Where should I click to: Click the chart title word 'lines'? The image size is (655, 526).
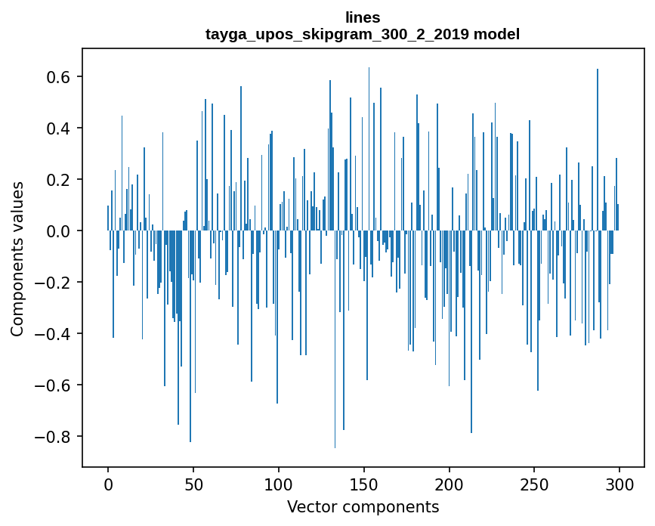363,17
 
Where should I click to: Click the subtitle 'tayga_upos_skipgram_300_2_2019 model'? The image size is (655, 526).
363,34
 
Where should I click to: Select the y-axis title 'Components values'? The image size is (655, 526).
17,258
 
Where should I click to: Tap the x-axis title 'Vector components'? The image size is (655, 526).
363,506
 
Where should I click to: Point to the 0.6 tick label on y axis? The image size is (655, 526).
59,77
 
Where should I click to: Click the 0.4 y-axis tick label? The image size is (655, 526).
59,128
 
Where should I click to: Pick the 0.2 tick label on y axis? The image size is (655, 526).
59,180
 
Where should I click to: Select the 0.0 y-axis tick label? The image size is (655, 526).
59,231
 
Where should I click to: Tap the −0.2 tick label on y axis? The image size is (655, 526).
54,283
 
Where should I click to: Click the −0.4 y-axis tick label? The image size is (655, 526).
54,334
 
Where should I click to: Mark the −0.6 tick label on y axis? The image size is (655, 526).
54,385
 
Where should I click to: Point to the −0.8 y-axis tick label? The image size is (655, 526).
54,437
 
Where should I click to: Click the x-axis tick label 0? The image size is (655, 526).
108,483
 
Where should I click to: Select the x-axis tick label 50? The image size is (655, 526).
193,483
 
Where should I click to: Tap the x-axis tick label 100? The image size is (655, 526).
279,483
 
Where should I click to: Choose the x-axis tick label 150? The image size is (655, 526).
364,483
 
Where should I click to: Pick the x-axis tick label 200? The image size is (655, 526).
450,483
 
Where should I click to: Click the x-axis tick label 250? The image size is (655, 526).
535,483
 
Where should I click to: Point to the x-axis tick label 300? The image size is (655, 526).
620,483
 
